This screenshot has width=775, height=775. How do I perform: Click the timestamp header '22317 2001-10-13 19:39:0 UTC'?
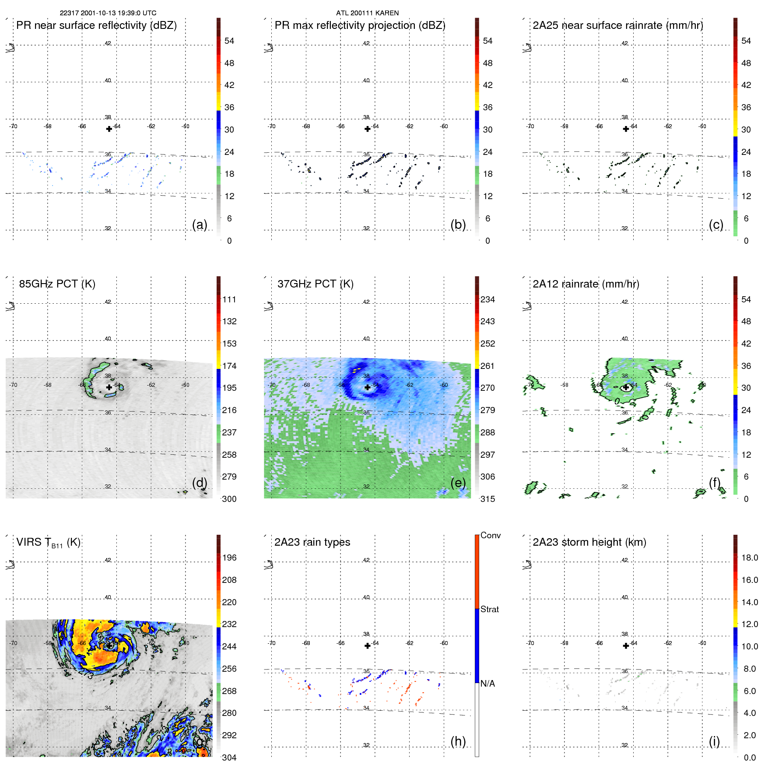tap(108, 13)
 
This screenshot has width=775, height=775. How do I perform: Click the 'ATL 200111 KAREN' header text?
tap(367, 13)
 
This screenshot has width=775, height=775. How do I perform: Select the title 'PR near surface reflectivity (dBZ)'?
tap(96, 25)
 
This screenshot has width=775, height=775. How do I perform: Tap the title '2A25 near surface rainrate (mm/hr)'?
tap(618, 25)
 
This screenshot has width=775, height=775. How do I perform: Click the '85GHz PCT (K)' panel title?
tap(57, 284)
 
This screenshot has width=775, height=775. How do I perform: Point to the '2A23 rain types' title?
tap(312, 542)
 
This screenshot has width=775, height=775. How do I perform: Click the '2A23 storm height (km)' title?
tap(589, 542)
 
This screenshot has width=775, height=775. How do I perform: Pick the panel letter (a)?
tap(200, 225)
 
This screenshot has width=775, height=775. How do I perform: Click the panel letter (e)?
tap(458, 483)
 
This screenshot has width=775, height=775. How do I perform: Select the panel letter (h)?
tap(458, 741)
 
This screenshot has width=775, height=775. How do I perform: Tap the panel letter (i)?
tap(714, 741)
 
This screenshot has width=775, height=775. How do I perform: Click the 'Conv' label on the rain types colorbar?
tap(490, 535)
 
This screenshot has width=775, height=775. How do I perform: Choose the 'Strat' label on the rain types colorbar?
tap(489, 609)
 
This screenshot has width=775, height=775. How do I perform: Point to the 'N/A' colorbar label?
tap(488, 684)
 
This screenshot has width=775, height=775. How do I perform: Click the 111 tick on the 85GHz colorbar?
tap(229, 300)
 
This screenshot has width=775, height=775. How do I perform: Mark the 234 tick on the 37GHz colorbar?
tap(487, 300)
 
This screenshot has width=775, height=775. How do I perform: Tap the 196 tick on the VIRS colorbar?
tap(229, 558)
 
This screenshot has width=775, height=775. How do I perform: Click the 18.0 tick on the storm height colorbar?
tap(750, 558)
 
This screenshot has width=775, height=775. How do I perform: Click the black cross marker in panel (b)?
tap(368, 129)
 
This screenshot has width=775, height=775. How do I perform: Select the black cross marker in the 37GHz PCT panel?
tap(368, 387)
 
